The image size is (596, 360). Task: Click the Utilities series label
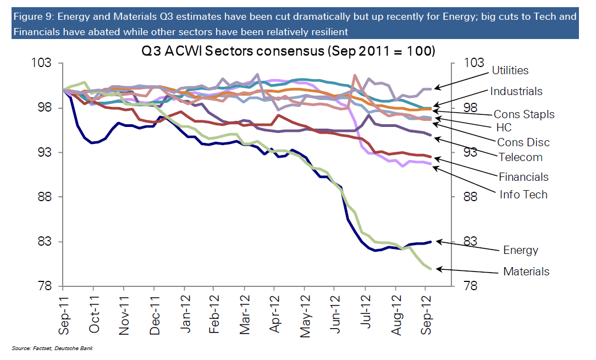(510, 70)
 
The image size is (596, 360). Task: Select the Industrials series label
(516, 91)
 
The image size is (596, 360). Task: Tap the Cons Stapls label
(524, 114)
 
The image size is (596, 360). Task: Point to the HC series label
(504, 128)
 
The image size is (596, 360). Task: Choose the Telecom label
(520, 157)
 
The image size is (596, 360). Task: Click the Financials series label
(523, 177)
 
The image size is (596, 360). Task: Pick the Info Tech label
(523, 195)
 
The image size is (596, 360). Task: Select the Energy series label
(520, 250)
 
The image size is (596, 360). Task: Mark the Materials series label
(526, 272)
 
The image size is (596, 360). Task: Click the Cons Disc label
(523, 142)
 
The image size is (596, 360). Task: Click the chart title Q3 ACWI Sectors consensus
(288, 51)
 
